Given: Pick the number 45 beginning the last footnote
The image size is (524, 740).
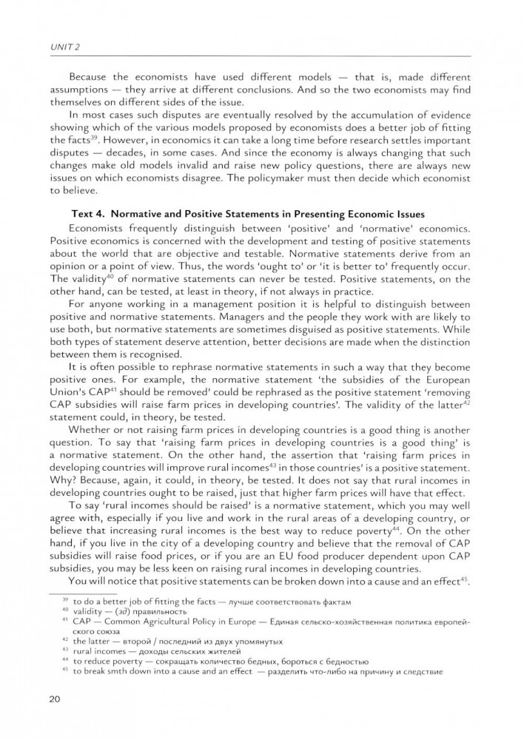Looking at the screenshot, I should pos(64,670).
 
